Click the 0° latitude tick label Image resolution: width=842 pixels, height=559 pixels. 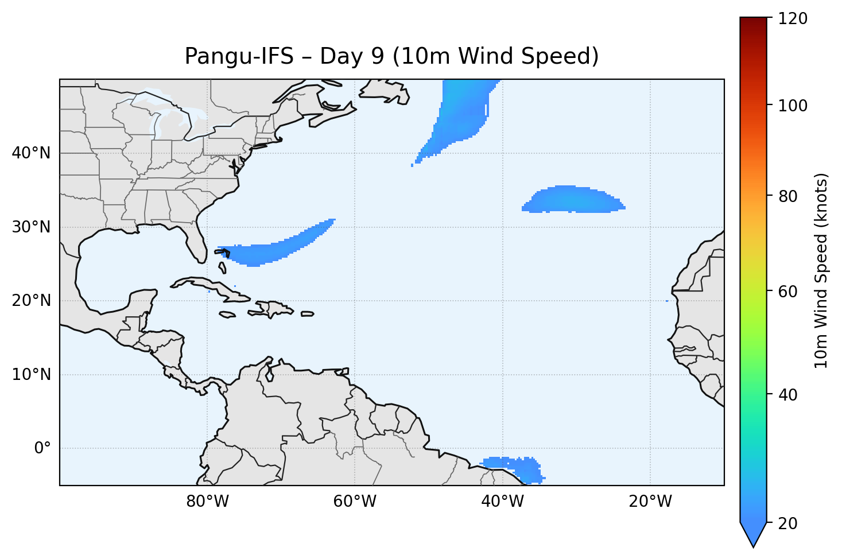(42, 448)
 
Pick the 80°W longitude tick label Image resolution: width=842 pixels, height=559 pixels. (207, 502)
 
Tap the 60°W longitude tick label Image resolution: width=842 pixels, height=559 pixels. (355, 502)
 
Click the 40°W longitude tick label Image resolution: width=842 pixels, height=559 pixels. (502, 502)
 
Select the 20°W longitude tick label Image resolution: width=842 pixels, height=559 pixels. (650, 502)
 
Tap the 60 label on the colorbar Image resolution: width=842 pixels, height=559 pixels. (790, 292)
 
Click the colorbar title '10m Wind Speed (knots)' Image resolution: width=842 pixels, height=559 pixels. (822, 271)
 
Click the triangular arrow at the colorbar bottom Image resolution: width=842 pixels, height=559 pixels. (754, 534)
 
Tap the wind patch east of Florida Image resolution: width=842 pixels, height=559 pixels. (276, 250)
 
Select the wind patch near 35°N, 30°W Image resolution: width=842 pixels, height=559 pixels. (574, 200)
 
